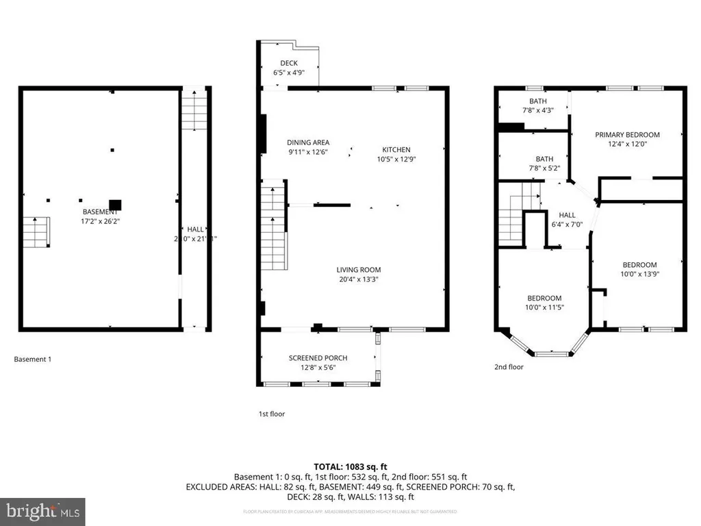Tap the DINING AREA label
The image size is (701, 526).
(x=307, y=142)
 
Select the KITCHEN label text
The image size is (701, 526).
(x=396, y=149)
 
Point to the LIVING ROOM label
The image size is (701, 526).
(x=358, y=269)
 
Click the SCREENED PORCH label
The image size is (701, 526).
(x=318, y=358)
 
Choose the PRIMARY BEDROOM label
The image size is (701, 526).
(x=627, y=135)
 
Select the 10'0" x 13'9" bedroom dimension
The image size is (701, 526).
(x=639, y=274)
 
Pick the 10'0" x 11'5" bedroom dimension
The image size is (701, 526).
(x=544, y=307)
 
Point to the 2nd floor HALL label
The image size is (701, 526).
(x=567, y=214)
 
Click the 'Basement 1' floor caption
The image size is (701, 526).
(x=33, y=359)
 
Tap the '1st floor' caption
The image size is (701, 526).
(x=271, y=414)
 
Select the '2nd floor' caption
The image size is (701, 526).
(x=509, y=367)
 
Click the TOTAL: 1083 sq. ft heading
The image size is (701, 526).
(x=350, y=465)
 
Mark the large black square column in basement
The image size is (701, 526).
(x=115, y=204)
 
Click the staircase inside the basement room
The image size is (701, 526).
(x=36, y=232)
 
